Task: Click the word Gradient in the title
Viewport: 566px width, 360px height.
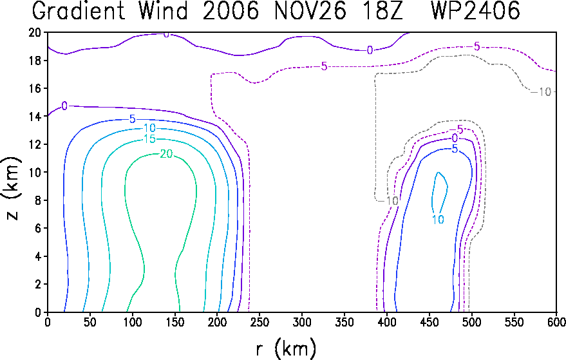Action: click(x=79, y=10)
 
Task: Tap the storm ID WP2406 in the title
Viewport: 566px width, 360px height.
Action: click(x=475, y=10)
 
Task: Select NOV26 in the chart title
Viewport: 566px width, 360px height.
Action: click(x=310, y=10)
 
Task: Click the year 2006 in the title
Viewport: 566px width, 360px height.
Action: click(x=231, y=10)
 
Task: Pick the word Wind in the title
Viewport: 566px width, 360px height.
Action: click(x=164, y=10)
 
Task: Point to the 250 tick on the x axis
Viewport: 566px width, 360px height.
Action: click(x=260, y=322)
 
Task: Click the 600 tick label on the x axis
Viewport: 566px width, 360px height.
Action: click(x=557, y=322)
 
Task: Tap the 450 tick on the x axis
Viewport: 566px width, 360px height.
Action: click(x=429, y=322)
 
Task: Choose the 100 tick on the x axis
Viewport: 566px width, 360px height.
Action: click(x=133, y=322)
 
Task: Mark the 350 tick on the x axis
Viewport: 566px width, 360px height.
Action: click(x=344, y=322)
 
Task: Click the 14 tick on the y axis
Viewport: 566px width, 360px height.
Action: click(x=35, y=117)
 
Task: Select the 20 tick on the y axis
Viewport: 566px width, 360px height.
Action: click(x=35, y=32)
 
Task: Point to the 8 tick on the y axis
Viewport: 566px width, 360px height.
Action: click(x=38, y=200)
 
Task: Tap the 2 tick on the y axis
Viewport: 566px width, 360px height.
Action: click(x=38, y=284)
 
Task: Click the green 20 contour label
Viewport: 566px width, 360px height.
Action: click(x=166, y=154)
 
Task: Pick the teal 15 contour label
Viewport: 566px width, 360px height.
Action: click(x=149, y=138)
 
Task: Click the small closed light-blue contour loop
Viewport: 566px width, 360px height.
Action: click(x=448, y=187)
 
